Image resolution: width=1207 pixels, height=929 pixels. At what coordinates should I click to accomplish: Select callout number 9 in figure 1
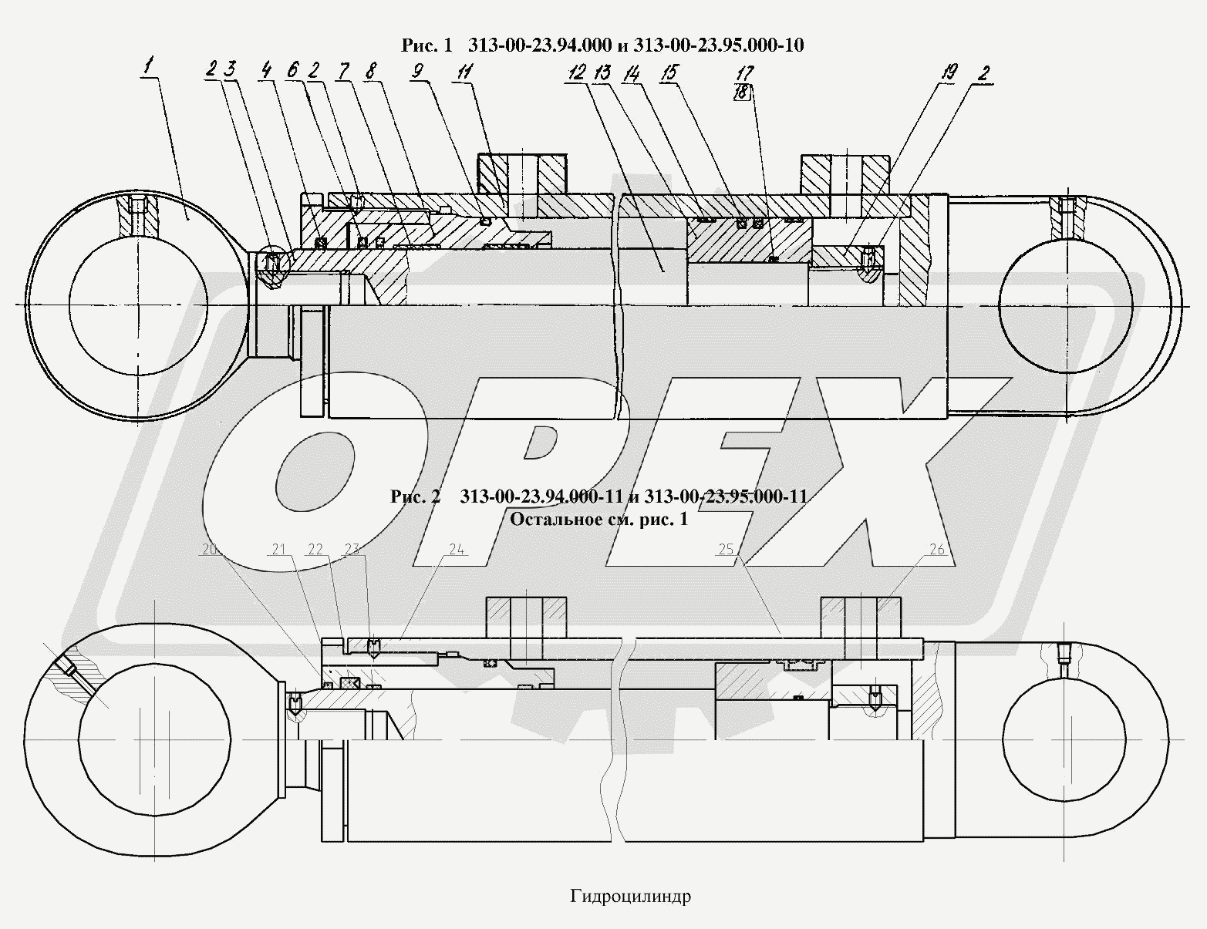pyautogui.click(x=417, y=72)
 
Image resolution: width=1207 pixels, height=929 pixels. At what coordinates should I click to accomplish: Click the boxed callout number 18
pyautogui.click(x=743, y=92)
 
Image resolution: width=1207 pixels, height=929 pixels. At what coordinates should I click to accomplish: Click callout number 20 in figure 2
pyautogui.click(x=209, y=549)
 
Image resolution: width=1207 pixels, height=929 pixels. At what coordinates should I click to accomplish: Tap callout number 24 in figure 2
pyautogui.click(x=457, y=549)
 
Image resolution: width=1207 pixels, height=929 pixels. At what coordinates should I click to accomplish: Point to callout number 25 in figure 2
pyautogui.click(x=726, y=549)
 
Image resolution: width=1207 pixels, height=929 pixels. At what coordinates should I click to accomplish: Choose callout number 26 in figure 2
pyautogui.click(x=937, y=549)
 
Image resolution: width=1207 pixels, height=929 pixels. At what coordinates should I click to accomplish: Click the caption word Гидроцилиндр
pyautogui.click(x=631, y=897)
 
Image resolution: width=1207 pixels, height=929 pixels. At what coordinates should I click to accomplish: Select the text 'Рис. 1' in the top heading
pyautogui.click(x=426, y=45)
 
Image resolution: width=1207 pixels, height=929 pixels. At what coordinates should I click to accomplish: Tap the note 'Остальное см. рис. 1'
pyautogui.click(x=598, y=519)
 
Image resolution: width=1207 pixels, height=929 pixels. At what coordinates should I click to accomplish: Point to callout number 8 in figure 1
pyautogui.click(x=371, y=72)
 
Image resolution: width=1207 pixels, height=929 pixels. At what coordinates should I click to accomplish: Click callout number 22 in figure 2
pyautogui.click(x=315, y=549)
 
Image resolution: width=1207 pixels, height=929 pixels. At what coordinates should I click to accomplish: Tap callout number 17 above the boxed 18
pyautogui.click(x=744, y=73)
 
